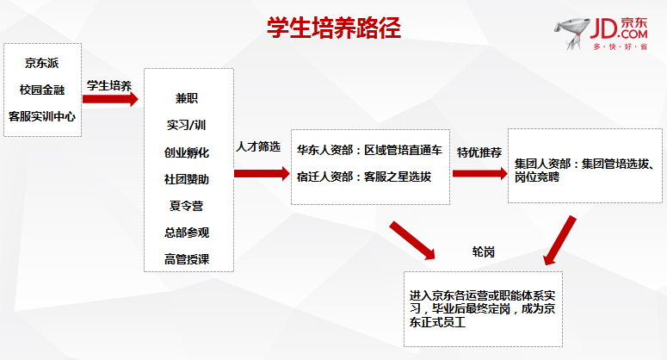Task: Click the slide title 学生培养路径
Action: pos(334,28)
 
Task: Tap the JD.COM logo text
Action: pos(619,29)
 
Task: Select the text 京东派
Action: pos(41,63)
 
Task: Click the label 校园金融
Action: pos(41,90)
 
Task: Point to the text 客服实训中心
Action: pos(41,116)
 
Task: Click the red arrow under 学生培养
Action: pos(110,99)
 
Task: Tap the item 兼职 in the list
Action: pos(187,98)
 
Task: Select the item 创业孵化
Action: pos(187,152)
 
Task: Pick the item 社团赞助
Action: pos(187,179)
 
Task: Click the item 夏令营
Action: pos(187,206)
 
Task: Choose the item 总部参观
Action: pos(187,233)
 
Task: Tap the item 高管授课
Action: pos(187,259)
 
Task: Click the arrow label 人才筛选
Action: pos(258,146)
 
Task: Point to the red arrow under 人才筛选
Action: pos(262,174)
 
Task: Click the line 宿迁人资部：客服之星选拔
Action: pos(364,177)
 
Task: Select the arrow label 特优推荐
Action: pos(479,152)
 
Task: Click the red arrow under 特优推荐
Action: pos(480,174)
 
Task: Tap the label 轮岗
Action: pos(484,252)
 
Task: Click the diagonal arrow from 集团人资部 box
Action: pos(559,241)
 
